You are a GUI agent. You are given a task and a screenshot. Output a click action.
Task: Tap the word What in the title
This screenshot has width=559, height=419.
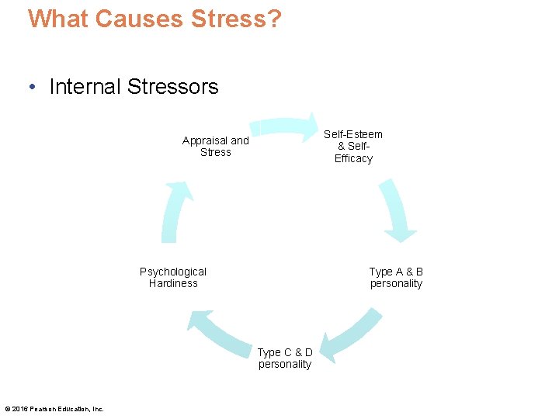[58, 19]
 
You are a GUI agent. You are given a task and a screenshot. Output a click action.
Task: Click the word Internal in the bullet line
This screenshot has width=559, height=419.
[84, 87]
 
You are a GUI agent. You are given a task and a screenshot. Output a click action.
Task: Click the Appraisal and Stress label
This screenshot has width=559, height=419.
[216, 147]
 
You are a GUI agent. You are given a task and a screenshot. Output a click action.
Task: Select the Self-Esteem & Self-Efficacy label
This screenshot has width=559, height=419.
[353, 147]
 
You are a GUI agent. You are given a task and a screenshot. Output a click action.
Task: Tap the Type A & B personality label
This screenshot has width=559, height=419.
[396, 278]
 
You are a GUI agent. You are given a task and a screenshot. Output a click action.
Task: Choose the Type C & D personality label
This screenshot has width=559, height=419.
[285, 358]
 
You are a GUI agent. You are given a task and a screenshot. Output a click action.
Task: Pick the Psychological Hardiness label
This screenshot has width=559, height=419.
[173, 278]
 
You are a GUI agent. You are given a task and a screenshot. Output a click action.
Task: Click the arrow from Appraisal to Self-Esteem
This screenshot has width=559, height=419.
[284, 127]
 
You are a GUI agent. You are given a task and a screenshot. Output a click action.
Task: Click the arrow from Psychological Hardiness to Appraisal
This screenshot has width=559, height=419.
[174, 213]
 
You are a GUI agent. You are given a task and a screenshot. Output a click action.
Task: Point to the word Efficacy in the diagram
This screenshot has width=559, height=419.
[353, 159]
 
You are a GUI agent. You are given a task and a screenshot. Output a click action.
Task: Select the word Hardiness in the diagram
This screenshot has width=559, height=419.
[173, 284]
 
